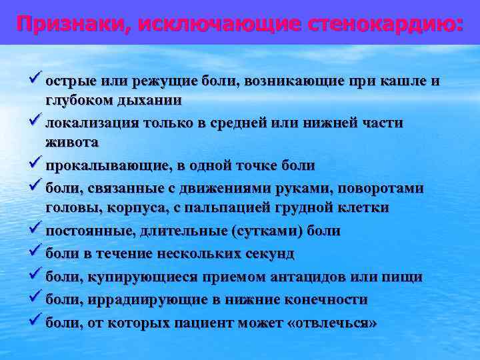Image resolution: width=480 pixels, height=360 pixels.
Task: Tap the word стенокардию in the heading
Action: pyautogui.click(x=386, y=25)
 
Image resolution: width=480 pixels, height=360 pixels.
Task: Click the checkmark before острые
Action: pyautogui.click(x=36, y=81)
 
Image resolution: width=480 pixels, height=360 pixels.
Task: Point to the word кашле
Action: pyautogui.click(x=405, y=81)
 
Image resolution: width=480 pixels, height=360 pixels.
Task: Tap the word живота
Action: pyautogui.click(x=72, y=142)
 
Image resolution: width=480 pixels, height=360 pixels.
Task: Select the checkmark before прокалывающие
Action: pyautogui.click(x=36, y=164)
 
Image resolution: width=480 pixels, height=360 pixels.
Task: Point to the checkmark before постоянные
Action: pyautogui.click(x=36, y=230)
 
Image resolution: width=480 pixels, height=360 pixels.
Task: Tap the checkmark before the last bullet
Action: pyautogui.click(x=36, y=321)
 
